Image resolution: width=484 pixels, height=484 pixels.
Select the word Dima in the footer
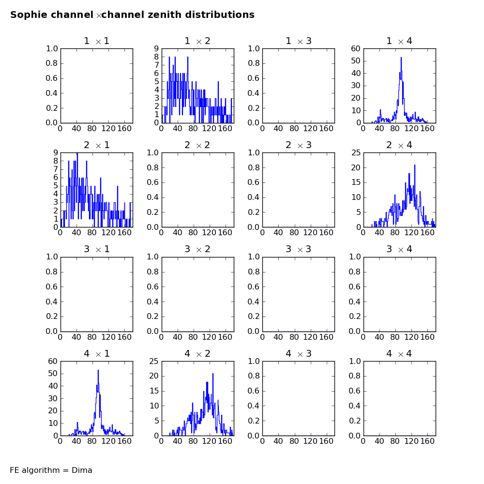82,470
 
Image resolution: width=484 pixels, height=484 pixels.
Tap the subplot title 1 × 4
399,41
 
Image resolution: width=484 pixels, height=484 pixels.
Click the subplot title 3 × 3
299,249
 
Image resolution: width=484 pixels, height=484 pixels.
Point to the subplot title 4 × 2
197,353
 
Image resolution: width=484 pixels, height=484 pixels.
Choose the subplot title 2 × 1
97,145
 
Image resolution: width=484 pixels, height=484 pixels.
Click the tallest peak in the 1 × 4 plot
401,58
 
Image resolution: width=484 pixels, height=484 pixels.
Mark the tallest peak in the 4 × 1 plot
98,370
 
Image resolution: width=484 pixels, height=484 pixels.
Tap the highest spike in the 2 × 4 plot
415,165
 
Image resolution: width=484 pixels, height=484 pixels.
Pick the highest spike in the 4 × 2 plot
212,374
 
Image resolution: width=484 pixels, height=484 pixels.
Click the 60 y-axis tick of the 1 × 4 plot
356,49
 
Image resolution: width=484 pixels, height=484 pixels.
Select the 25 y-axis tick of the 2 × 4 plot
356,152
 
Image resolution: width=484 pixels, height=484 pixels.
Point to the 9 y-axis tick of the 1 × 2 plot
156,49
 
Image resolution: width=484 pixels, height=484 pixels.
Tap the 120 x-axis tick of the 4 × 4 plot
411,441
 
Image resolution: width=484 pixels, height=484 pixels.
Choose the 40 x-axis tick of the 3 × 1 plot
76,337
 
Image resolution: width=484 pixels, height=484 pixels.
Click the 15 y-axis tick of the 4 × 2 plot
154,391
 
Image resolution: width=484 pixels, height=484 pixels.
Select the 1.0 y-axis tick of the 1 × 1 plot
52,49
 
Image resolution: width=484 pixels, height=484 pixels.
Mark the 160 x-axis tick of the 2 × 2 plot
225,232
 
